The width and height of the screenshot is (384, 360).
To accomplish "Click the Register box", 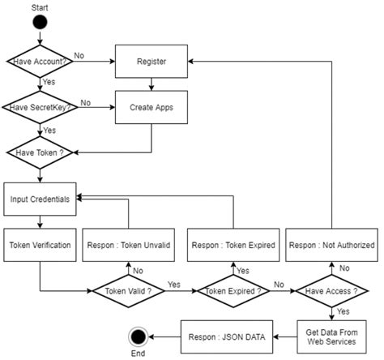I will coord(151,62).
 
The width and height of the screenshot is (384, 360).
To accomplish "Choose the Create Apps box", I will coord(151,107).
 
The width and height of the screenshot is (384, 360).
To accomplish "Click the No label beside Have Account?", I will coord(79,56).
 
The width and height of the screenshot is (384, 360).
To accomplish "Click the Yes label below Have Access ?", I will coord(344,311).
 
